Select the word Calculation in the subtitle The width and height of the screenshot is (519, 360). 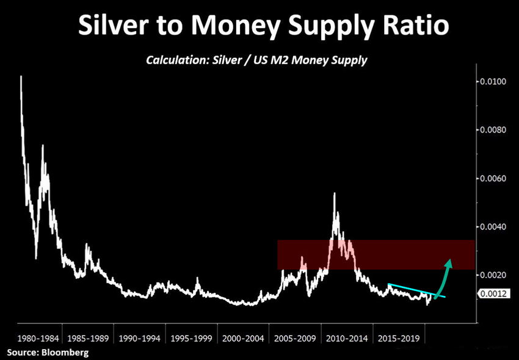175,60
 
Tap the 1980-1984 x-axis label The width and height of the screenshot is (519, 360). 37,337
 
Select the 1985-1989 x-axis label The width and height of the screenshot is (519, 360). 89,337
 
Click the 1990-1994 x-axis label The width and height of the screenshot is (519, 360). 141,337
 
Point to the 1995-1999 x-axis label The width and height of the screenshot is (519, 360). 193,337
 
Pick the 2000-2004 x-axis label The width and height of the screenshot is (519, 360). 245,337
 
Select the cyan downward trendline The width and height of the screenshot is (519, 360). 416,291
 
